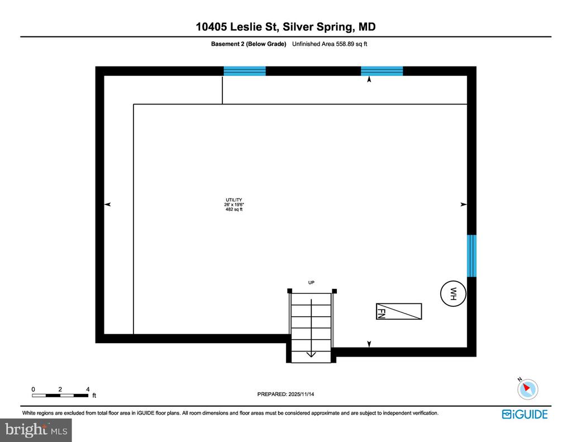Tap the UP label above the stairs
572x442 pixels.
click(311, 283)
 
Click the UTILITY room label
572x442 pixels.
click(234, 199)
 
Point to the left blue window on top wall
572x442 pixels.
click(245, 71)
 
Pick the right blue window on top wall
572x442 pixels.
click(382, 71)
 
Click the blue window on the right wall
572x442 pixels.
click(471, 256)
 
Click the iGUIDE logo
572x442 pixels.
click(525, 414)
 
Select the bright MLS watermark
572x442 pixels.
click(36, 430)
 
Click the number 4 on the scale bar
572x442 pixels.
click(88, 389)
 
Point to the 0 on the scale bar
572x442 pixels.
click(33, 389)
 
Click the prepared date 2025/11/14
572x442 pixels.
click(301, 394)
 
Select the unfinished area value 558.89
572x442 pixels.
click(345, 44)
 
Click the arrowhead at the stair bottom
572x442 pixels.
click(311, 354)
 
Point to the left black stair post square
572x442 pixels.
click(290, 291)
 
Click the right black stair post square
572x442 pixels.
click(335, 291)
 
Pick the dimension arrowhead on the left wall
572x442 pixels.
click(107, 205)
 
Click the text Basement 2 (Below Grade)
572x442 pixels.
click(249, 44)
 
